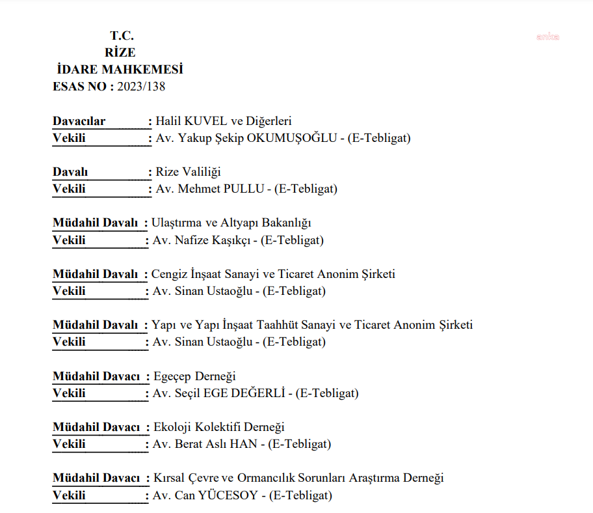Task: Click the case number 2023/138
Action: [141, 87]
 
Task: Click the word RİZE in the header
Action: [120, 53]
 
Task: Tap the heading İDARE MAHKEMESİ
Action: [120, 70]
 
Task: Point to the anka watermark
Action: [547, 37]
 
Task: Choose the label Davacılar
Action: [79, 121]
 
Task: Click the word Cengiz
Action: [170, 274]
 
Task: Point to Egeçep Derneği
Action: [194, 376]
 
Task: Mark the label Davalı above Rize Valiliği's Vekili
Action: [70, 172]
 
